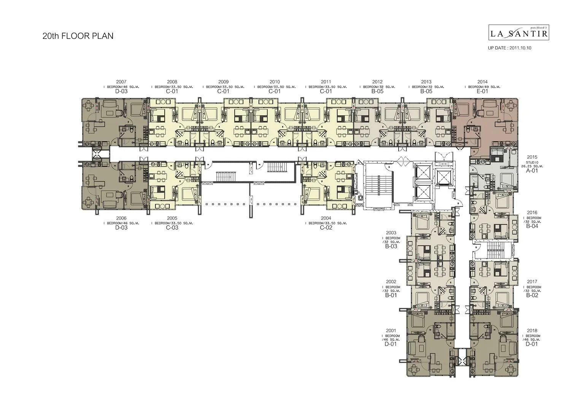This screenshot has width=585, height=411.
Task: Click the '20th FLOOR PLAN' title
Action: click(78, 36)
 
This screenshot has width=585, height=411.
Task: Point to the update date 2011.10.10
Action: click(509, 48)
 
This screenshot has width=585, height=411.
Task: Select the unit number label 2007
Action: click(121, 82)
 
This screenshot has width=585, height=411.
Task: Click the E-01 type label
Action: click(482, 91)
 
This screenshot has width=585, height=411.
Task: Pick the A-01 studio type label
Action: click(532, 171)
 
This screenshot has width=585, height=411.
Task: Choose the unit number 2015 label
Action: click(532, 157)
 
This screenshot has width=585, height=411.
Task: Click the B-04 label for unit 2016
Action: click(532, 226)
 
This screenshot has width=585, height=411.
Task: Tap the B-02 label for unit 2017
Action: click(532, 295)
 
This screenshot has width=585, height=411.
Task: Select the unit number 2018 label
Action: click(532, 331)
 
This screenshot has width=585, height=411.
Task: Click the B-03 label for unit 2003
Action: click(391, 246)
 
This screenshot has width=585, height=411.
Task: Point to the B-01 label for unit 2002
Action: click(391, 295)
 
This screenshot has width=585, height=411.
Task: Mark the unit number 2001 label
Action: click(391, 331)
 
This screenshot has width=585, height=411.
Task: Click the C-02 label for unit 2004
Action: click(326, 228)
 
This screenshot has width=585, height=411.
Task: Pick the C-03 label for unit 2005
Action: click(172, 228)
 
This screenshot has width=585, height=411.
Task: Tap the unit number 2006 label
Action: click(121, 218)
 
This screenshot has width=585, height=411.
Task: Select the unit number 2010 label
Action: click(275, 82)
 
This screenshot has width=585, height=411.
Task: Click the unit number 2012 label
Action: click(377, 82)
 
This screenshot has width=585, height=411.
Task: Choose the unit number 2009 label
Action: click(223, 82)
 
